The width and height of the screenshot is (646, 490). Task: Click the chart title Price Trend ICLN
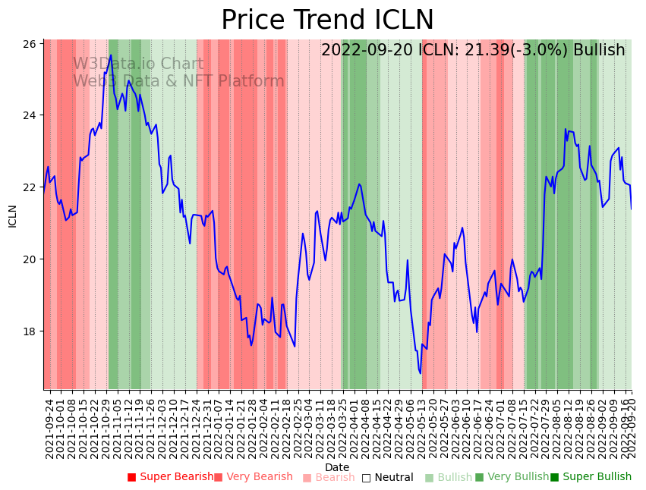(x=327, y=20)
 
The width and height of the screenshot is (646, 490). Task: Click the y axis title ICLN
(x=12, y=215)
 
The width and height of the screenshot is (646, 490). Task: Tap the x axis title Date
(x=337, y=467)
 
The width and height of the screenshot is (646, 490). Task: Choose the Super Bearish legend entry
(x=171, y=477)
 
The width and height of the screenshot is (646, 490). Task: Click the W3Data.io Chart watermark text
(x=138, y=64)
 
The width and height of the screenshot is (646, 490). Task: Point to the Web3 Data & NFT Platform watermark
(x=178, y=81)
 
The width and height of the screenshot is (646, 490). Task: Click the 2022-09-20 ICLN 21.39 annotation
(x=472, y=50)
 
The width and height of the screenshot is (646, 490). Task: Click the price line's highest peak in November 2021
(x=111, y=55)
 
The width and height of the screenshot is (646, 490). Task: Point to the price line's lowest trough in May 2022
(x=420, y=372)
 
